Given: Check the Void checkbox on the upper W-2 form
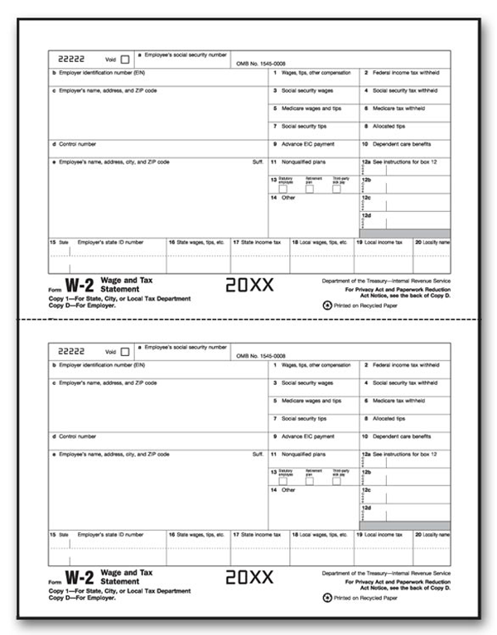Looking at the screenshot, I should tap(125, 60).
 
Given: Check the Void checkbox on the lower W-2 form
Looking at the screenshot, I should tap(125, 351).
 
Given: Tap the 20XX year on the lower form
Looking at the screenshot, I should tap(248, 579).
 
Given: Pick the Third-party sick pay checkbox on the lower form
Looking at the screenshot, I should tap(336, 481).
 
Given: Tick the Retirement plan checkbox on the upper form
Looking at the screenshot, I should tap(309, 190).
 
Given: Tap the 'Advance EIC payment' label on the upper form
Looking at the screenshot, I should tap(307, 143).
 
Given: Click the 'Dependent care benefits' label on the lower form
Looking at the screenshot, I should tap(402, 435).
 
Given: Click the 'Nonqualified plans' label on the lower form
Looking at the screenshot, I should tap(303, 454).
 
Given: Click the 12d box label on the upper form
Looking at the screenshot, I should tap(365, 215).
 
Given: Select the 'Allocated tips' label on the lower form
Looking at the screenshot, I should tap(388, 418).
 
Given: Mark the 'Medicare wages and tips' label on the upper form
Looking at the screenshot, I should tap(311, 108).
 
